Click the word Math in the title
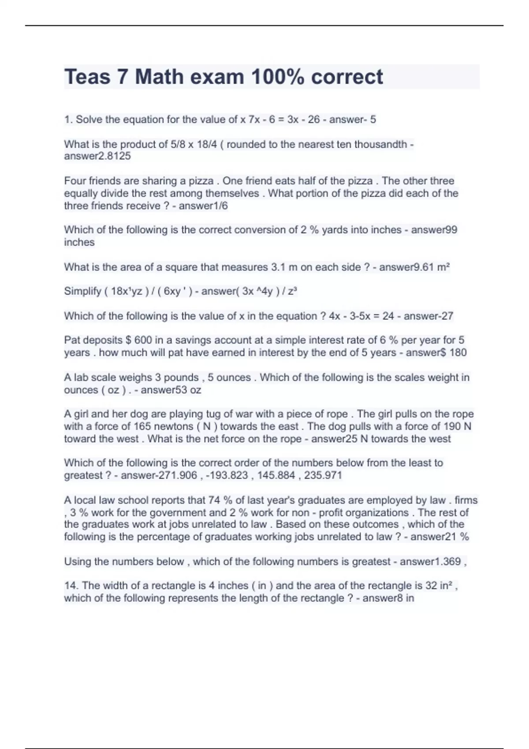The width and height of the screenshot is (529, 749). [x=159, y=77]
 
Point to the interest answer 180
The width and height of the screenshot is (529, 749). [x=458, y=352]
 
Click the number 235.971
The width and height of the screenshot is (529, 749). [x=323, y=475]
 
